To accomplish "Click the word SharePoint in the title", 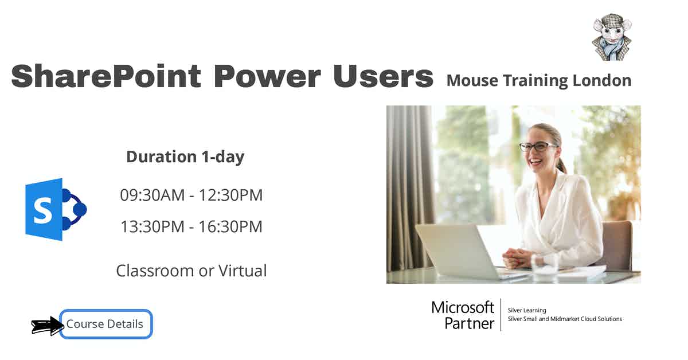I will tap(106, 76).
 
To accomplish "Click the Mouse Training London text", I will tap(538, 81).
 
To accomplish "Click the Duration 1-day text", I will tap(185, 156).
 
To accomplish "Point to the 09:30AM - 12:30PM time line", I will tap(191, 195).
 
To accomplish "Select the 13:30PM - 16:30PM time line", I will tap(191, 226).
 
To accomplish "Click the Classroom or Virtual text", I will tap(191, 271).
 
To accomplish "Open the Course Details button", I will tap(105, 324).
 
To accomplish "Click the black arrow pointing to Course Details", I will tap(46, 326).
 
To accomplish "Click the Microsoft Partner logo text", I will tap(463, 315).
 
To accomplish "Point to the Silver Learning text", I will tap(527, 310).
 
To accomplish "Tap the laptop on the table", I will tap(459, 252).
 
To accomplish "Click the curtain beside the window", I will tap(411, 183).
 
